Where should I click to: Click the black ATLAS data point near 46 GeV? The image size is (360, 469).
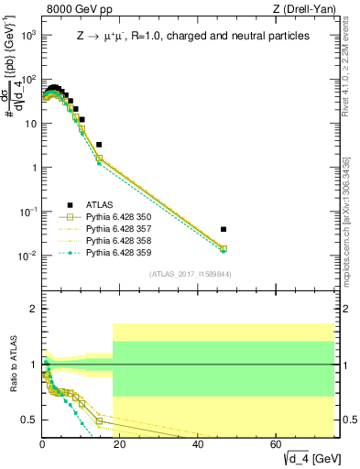click(x=224, y=229)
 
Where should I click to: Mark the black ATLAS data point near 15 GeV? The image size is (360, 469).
click(x=99, y=145)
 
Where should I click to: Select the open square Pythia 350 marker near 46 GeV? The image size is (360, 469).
click(x=224, y=248)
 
